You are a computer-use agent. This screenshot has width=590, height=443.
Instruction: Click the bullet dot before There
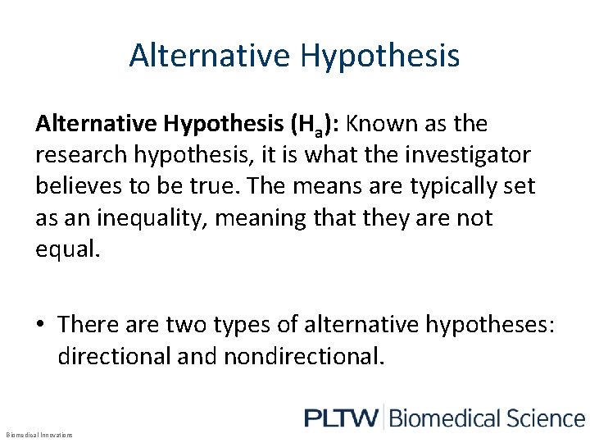pos(41,324)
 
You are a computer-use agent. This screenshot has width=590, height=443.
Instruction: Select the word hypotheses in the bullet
pos(489,324)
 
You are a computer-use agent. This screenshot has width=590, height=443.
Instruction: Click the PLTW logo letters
pos(342,418)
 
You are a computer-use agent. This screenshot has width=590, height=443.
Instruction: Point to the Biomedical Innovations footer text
pos(39,434)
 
